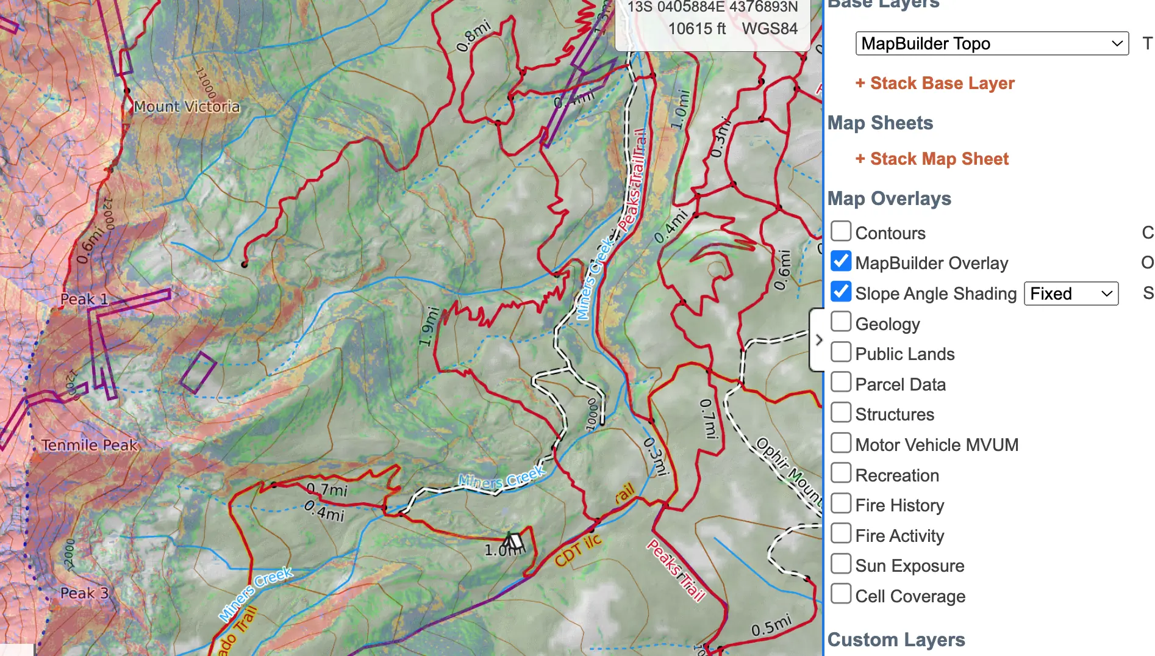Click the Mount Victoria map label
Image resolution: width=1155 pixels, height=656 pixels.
187,107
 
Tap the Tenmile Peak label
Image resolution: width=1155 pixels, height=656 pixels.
90,445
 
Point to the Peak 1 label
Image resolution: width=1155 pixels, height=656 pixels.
84,299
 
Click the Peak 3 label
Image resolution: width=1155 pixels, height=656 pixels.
84,593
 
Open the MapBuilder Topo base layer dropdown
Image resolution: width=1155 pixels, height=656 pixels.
992,43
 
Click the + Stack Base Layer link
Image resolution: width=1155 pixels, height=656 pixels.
935,83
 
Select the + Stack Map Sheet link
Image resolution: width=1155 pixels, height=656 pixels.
932,159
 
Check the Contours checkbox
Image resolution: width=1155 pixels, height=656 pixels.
841,232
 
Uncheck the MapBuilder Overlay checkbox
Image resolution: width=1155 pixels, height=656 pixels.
841,262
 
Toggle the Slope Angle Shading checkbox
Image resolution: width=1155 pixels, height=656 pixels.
841,292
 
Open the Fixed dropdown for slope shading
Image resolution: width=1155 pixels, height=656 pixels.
1071,294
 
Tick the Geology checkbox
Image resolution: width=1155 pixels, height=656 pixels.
841,322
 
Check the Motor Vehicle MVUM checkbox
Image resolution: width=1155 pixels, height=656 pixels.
841,443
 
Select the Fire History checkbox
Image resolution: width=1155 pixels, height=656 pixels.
841,503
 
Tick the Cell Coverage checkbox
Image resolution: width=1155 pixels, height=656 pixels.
841,594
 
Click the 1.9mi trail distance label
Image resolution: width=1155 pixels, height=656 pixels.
429,326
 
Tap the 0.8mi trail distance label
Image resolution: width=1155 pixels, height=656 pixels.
473,36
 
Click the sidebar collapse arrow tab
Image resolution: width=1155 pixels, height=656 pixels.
818,340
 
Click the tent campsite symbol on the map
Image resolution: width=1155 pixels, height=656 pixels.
513,540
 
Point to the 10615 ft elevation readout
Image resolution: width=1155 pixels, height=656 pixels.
696,29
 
